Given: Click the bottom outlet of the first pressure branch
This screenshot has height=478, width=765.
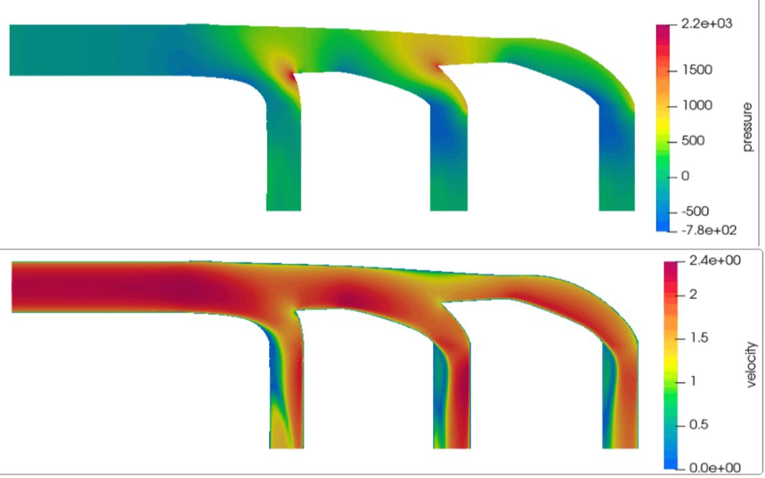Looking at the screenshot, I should click(x=284, y=208).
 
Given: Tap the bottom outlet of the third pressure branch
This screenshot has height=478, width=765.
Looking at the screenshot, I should click(x=616, y=208).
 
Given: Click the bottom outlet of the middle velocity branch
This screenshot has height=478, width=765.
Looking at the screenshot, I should click(x=451, y=446).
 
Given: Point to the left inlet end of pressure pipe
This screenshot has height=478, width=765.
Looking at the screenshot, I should click(x=12, y=50).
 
